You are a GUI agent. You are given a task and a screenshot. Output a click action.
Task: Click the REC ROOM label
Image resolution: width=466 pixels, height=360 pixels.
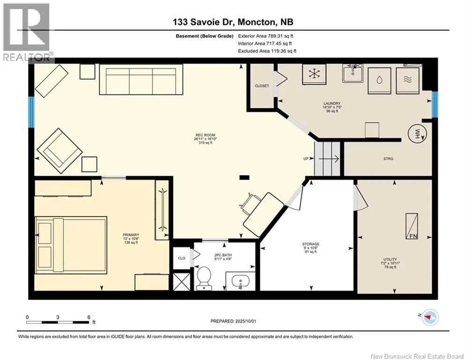coord(205,135)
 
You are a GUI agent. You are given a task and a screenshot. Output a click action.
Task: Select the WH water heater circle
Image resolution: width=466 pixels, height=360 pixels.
coord(417,133)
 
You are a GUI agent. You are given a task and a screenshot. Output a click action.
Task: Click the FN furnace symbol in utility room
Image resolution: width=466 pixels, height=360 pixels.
coord(412,226)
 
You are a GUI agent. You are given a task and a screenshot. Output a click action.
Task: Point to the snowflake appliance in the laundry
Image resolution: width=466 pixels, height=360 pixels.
coord(314,74)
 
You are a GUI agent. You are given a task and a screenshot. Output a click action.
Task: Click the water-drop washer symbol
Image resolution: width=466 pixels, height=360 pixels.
coord(379,81)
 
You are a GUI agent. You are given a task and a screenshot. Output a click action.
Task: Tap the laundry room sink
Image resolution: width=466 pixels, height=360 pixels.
coord(353,73)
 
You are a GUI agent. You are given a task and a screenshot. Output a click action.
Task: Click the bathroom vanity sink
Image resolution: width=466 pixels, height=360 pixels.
coord(240,281)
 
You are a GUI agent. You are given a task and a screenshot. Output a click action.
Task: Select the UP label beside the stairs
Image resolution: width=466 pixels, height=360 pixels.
coord(306,158)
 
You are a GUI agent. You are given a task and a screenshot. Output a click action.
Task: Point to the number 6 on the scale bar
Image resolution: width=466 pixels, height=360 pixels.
coord(89,317)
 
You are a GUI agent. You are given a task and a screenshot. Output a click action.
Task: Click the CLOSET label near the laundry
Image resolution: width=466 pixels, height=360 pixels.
coord(262,86)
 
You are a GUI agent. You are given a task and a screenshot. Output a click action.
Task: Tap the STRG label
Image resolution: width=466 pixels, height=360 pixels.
coord(388,158)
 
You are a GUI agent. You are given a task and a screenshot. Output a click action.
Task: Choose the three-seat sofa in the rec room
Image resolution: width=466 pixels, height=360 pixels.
coord(141,79)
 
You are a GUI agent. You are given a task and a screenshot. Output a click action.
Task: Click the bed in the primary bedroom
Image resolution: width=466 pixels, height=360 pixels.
coord(71,245)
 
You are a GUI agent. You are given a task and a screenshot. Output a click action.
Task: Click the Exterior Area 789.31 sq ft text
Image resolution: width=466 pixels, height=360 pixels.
coord(266,36)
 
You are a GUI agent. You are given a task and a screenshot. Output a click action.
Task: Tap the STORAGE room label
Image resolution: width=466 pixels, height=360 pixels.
coord(311,244)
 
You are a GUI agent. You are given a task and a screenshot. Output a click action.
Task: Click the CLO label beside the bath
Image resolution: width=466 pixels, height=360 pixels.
coord(182,258)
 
